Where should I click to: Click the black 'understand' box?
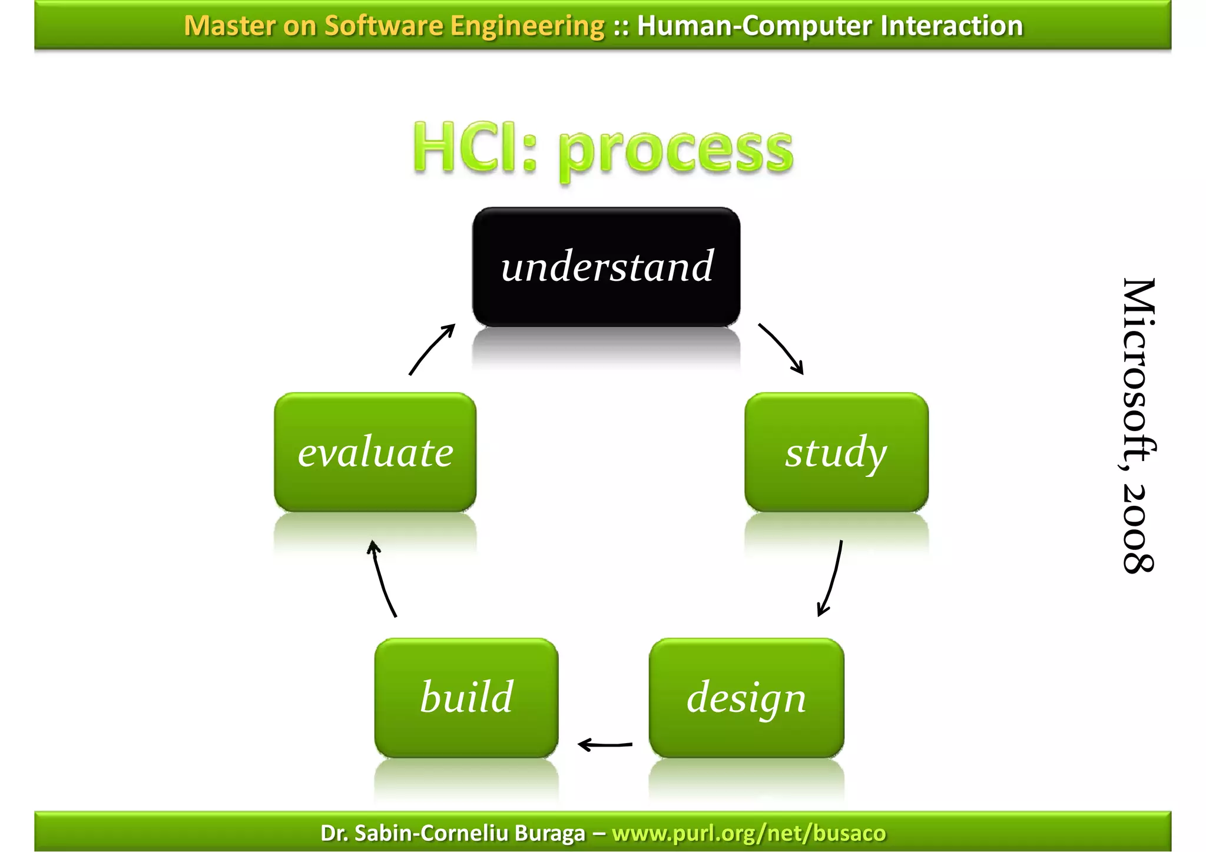point(606,267)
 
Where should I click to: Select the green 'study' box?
point(836,452)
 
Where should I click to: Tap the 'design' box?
point(746,698)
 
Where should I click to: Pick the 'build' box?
point(466,698)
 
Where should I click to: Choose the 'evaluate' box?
point(375,452)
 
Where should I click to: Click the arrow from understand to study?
point(781,348)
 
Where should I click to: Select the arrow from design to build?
point(605,745)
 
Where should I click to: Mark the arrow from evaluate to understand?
point(432,349)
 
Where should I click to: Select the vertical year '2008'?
point(1138,528)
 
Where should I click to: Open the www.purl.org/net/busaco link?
point(748,833)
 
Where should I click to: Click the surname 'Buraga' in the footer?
point(549,833)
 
